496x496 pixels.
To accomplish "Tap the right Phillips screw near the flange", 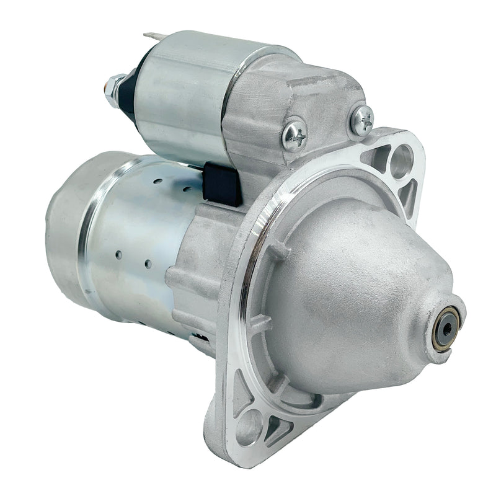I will [x=361, y=120].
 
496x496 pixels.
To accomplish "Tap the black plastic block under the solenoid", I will [x=222, y=184].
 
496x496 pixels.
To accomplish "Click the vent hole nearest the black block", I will [x=187, y=187].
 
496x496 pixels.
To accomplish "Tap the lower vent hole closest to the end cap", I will [x=117, y=255].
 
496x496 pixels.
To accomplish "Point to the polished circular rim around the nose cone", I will [x=260, y=248].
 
